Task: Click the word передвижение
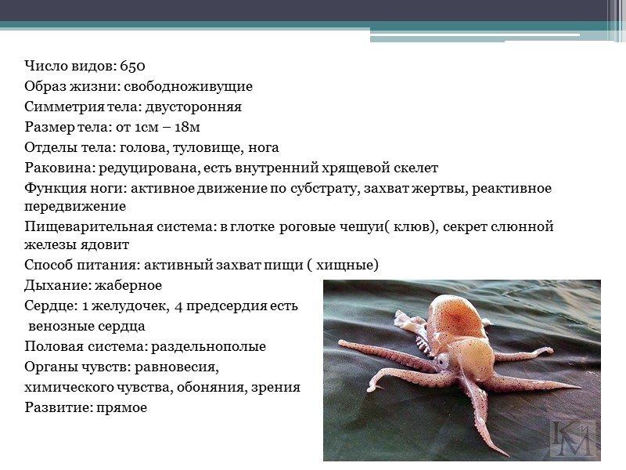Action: [74, 207]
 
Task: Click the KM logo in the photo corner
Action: [571, 437]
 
